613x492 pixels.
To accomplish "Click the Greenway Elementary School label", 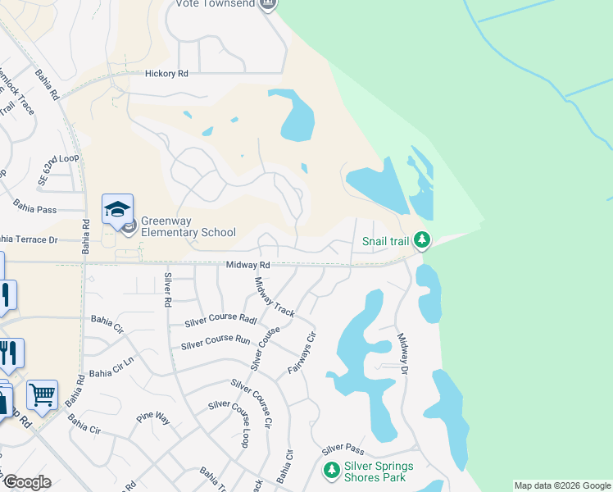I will (188, 226).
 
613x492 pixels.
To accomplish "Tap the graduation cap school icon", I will (117, 208).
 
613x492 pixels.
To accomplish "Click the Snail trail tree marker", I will (422, 240).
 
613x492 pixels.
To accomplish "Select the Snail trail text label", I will (385, 241).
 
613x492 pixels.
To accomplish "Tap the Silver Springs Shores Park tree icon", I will (331, 471).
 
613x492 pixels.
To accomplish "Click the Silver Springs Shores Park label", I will (379, 471).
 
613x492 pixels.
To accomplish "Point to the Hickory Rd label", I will (166, 74).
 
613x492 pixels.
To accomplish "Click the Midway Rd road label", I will (248, 266).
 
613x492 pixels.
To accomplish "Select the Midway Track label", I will (274, 297).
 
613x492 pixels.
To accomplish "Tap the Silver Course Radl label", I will (221, 318).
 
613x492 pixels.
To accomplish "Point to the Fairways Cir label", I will (301, 353).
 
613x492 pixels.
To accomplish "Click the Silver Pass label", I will (343, 449).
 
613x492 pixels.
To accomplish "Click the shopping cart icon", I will (42, 394).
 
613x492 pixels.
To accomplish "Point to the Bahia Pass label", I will (35, 210).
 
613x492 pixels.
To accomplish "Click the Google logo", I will (27, 482).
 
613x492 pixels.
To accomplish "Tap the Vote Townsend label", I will (215, 4).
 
